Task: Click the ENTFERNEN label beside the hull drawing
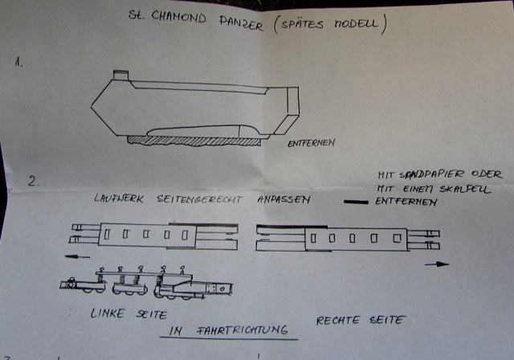tap(312, 144)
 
